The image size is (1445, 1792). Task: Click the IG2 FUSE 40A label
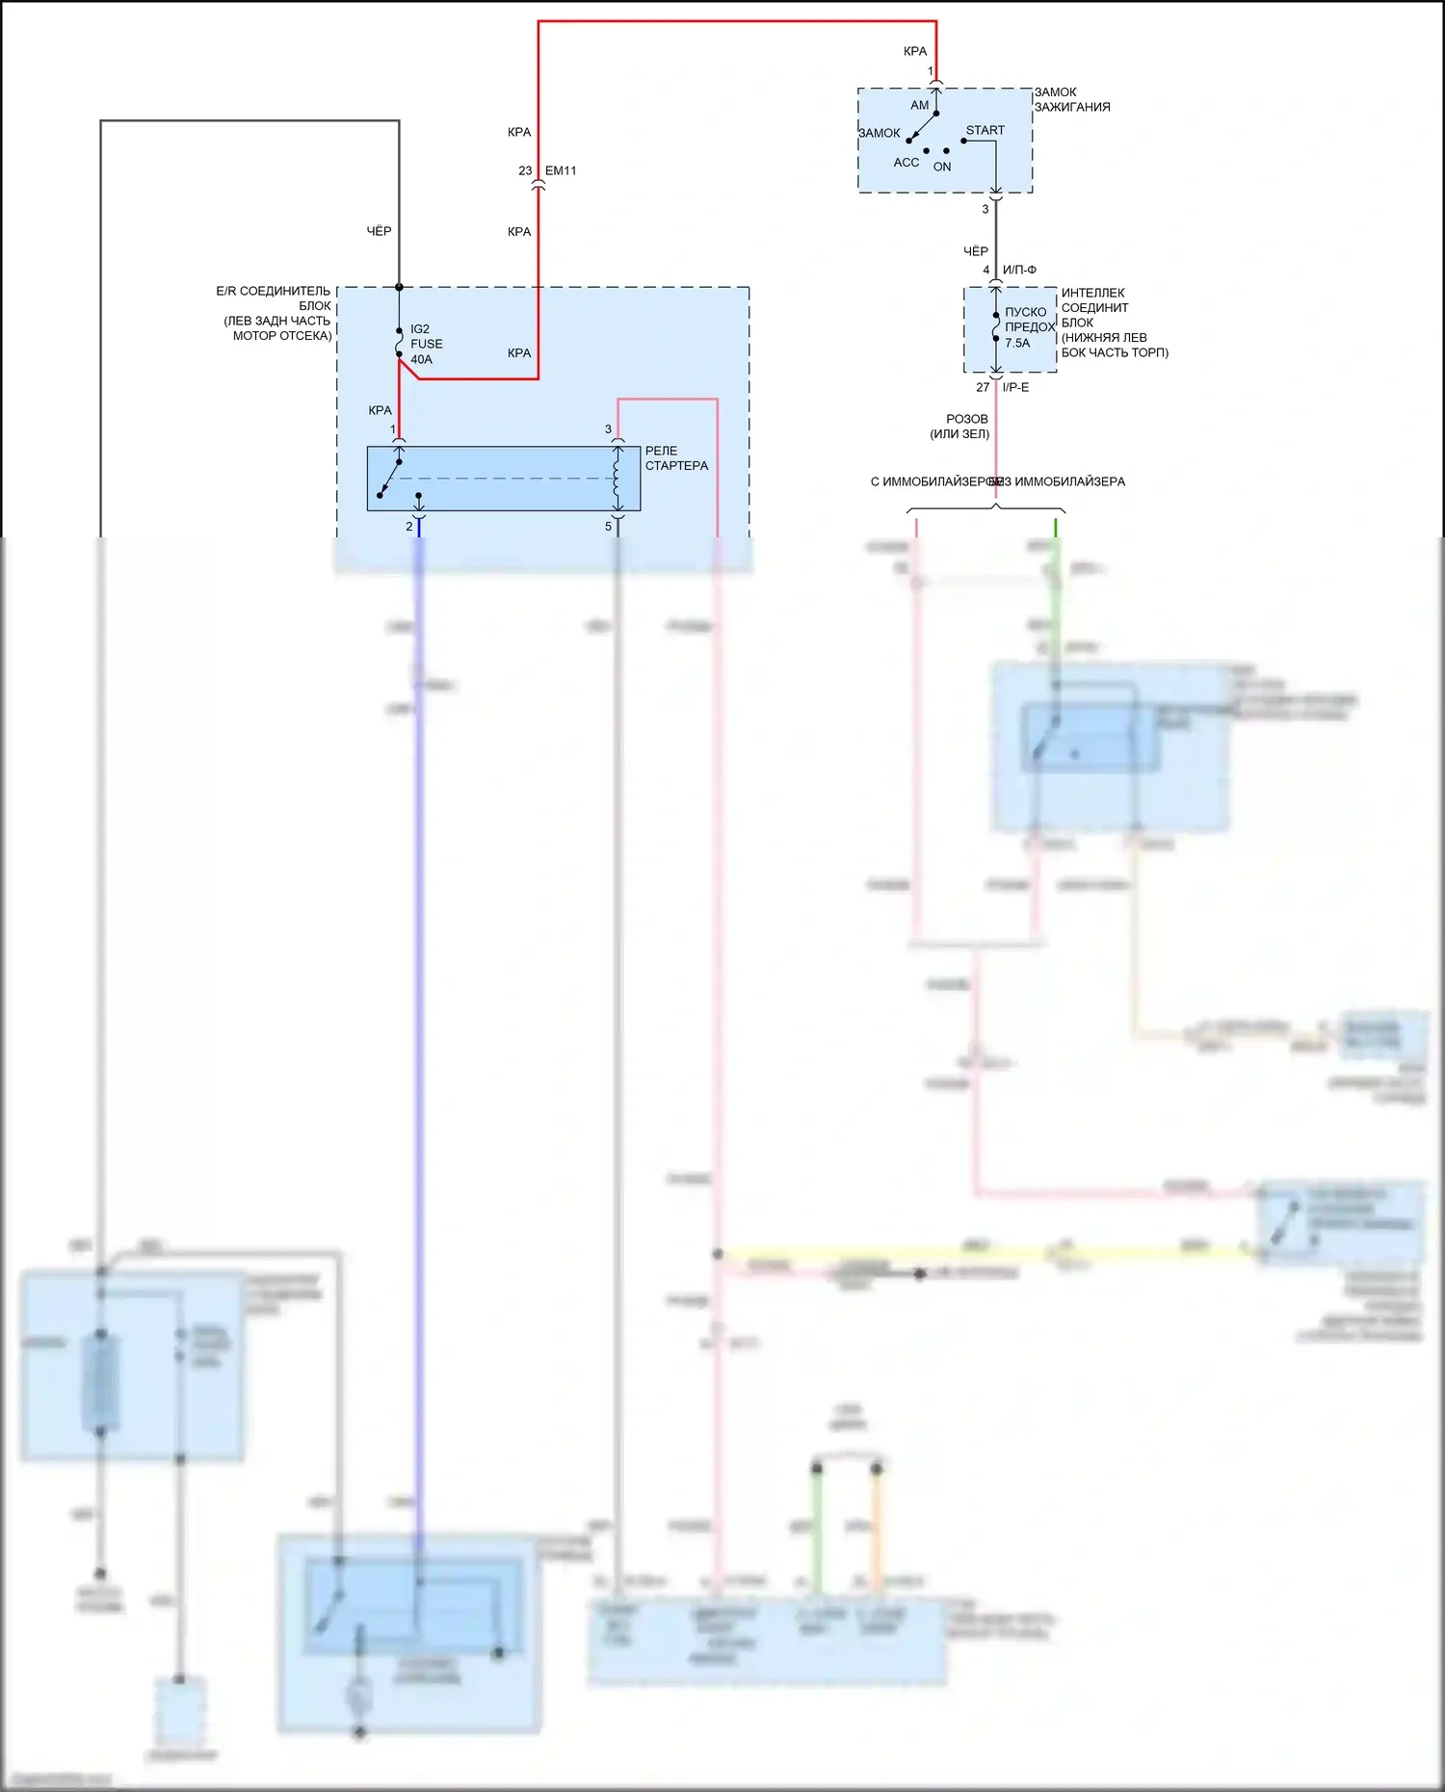(426, 344)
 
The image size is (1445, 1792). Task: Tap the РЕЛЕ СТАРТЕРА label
(676, 458)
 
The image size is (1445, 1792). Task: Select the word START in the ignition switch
(985, 130)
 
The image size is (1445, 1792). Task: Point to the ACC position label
(906, 163)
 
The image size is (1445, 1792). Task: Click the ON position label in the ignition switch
(941, 167)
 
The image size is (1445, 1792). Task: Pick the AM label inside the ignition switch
(919, 105)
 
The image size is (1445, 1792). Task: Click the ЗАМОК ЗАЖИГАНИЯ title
(1071, 100)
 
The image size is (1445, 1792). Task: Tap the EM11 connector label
(561, 170)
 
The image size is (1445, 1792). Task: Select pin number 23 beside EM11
(525, 170)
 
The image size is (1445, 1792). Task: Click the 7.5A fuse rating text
(1017, 343)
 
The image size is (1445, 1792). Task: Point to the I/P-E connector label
(1015, 387)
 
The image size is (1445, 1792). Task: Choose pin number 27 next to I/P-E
(983, 387)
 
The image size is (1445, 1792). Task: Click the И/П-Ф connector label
(1019, 270)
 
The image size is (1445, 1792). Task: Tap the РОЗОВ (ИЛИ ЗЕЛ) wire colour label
(961, 427)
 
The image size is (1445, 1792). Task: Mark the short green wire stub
(1056, 528)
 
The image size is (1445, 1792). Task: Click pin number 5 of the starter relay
(608, 527)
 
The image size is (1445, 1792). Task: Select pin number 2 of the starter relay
(408, 527)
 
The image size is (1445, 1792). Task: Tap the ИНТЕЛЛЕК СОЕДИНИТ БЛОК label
(1114, 323)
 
